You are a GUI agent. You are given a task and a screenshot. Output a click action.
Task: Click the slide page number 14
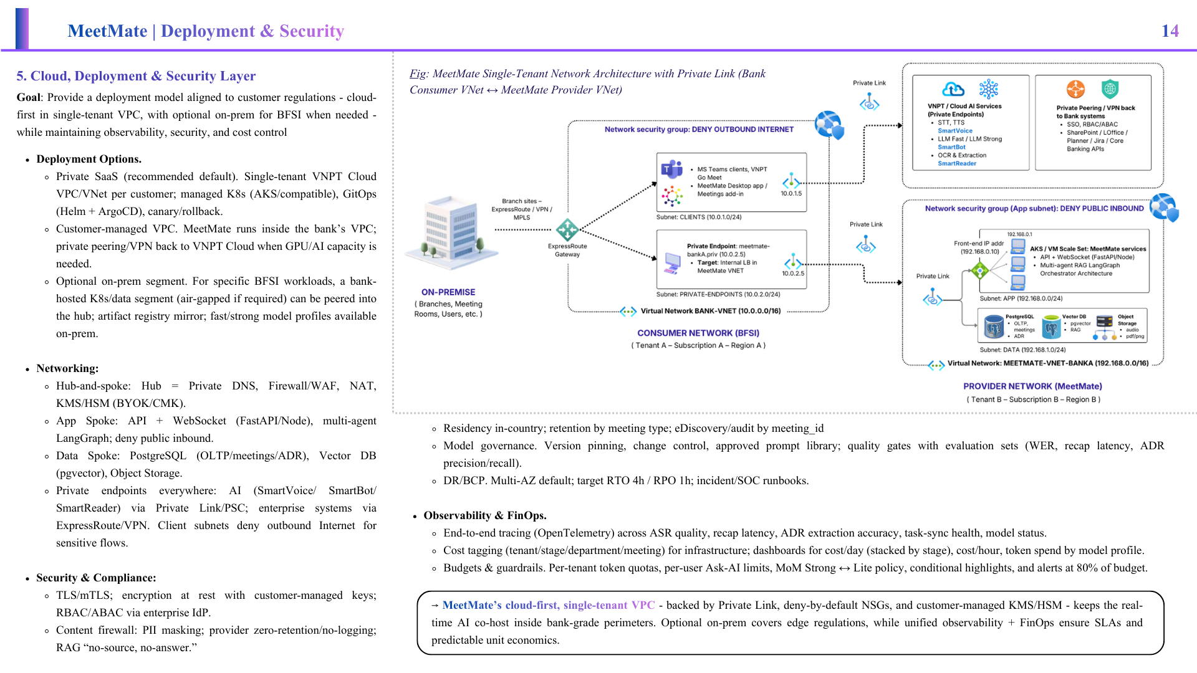pos(1170,31)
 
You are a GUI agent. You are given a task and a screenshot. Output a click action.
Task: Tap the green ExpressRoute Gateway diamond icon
pos(567,230)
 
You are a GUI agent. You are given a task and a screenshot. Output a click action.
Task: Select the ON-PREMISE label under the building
pos(448,292)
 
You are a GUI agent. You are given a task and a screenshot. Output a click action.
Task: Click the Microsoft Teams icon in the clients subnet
pos(671,169)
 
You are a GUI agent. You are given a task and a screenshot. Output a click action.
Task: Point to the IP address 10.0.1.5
pos(791,194)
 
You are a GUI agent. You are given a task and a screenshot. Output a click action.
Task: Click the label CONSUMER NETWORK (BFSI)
pos(698,333)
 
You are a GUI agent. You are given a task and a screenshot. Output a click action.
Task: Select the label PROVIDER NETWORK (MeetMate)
pos(1032,386)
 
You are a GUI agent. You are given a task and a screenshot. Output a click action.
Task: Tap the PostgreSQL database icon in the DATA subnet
pos(993,327)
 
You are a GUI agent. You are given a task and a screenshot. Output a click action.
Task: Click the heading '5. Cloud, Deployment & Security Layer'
pos(136,76)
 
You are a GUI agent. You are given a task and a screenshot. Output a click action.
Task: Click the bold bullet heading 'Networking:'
pos(67,368)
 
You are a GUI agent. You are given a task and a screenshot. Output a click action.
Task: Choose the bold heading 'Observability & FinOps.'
pos(485,515)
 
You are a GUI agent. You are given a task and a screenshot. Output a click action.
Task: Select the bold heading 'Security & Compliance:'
pos(96,578)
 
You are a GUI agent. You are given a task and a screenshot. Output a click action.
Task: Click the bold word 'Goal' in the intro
pos(29,97)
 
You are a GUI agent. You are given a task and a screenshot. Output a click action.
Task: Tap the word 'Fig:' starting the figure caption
pos(419,74)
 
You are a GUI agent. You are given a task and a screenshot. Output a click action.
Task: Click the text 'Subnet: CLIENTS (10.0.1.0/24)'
pos(699,217)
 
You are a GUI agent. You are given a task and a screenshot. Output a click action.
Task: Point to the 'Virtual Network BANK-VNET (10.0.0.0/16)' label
pos(711,311)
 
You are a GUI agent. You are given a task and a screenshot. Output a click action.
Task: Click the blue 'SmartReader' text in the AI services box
pos(957,164)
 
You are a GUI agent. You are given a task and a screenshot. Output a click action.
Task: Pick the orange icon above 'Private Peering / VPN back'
pos(1075,89)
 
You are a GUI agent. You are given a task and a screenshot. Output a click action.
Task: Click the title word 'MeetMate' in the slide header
pos(107,31)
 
